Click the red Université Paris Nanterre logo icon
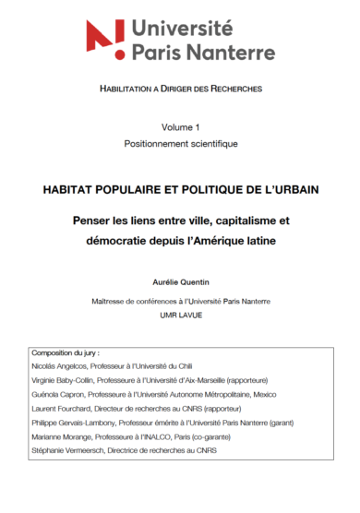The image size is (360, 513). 105,36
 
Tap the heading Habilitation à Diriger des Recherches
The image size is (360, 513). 180,89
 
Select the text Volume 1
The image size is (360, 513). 180,126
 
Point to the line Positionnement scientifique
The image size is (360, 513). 181,144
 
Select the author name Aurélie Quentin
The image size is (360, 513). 181,278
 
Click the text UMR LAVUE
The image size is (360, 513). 180,316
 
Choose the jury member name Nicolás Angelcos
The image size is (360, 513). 62,367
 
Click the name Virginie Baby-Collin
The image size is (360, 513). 68,381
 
